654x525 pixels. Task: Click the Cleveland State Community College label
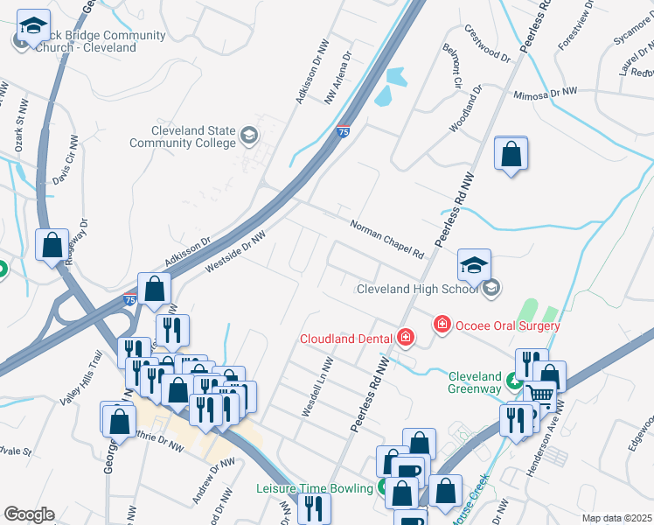[x=183, y=136]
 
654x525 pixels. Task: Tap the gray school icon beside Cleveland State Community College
[x=250, y=135]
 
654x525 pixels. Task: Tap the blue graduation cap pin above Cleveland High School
[x=475, y=265]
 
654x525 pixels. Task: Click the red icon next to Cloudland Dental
[x=405, y=337]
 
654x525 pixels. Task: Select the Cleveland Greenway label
[x=475, y=382]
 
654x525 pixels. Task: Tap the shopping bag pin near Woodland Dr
[x=511, y=154]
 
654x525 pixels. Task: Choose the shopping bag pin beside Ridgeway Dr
[x=52, y=245]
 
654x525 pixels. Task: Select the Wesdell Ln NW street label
[x=317, y=387]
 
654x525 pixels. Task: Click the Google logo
[x=28, y=514]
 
